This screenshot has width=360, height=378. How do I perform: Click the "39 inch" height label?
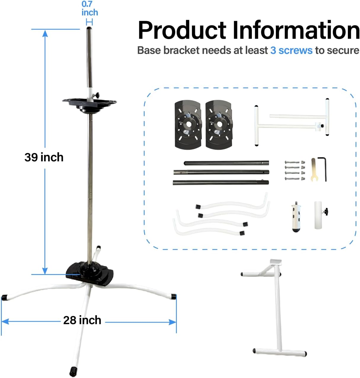[x=44, y=157]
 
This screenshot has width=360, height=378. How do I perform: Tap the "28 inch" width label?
[x=82, y=320]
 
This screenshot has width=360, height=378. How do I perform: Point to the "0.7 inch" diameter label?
[x=89, y=9]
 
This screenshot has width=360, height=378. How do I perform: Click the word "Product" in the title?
[x=182, y=30]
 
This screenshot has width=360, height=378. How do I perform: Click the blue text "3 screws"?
[x=291, y=50]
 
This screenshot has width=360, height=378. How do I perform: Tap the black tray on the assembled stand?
[x=89, y=103]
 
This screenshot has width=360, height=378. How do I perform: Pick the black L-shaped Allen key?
[x=323, y=168]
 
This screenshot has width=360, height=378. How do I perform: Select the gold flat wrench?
[x=313, y=169]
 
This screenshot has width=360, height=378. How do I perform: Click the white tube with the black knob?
[x=319, y=215]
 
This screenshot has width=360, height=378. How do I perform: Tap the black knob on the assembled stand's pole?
[x=97, y=95]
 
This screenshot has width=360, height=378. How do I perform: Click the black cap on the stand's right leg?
[x=174, y=296]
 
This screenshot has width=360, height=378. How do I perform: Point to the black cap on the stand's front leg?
[x=73, y=370]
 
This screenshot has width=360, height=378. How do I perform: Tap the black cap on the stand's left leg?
[x=4, y=297]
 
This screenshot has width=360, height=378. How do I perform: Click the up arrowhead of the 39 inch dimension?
[x=45, y=33]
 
